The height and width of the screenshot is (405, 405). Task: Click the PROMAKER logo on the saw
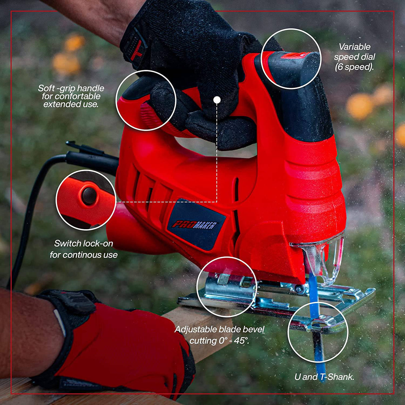[195, 225]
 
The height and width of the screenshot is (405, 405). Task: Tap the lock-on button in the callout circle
[89, 196]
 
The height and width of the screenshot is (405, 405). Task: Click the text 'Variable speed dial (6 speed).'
[354, 57]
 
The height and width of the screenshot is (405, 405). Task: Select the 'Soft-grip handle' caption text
[71, 96]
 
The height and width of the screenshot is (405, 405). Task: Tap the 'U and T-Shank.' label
[324, 377]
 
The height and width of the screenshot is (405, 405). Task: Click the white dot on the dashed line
[217, 100]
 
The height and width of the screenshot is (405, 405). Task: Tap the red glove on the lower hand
[123, 347]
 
